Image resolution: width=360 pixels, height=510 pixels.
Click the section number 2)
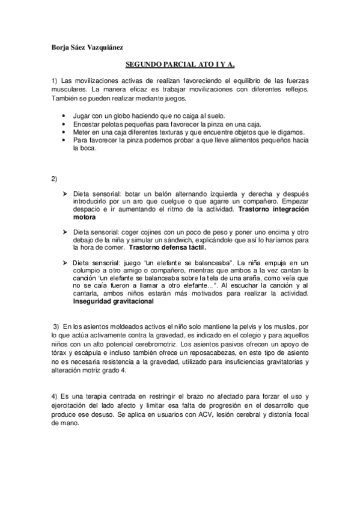pyautogui.click(x=55, y=179)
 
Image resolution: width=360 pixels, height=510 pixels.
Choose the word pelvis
pyautogui.click(x=220, y=326)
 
